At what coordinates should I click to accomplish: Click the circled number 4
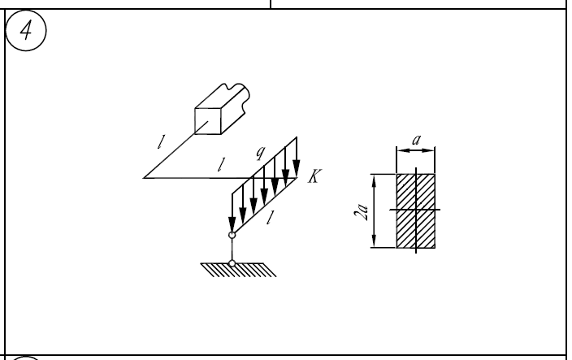click(26, 30)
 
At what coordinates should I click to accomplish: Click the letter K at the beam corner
click(314, 176)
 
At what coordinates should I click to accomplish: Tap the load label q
click(261, 153)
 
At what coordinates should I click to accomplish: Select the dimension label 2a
click(361, 212)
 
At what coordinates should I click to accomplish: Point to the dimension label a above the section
click(416, 140)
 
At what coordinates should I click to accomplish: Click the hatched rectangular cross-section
click(416, 210)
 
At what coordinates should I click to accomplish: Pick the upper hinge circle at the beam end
click(232, 235)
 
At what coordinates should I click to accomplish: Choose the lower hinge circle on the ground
click(232, 263)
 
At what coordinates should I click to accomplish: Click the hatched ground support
click(239, 270)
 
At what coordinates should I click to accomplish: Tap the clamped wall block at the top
click(222, 109)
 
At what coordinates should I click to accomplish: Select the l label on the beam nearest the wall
click(161, 142)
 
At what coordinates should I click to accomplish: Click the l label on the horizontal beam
click(221, 164)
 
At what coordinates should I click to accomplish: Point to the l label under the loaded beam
click(270, 218)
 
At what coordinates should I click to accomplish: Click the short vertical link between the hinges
click(232, 249)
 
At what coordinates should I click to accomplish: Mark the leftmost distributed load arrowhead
click(232, 224)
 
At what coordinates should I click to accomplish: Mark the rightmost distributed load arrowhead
click(297, 168)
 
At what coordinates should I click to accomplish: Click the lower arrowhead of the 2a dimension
click(374, 241)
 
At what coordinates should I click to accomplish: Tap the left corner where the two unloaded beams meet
click(144, 178)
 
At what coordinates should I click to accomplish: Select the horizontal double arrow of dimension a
click(416, 150)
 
